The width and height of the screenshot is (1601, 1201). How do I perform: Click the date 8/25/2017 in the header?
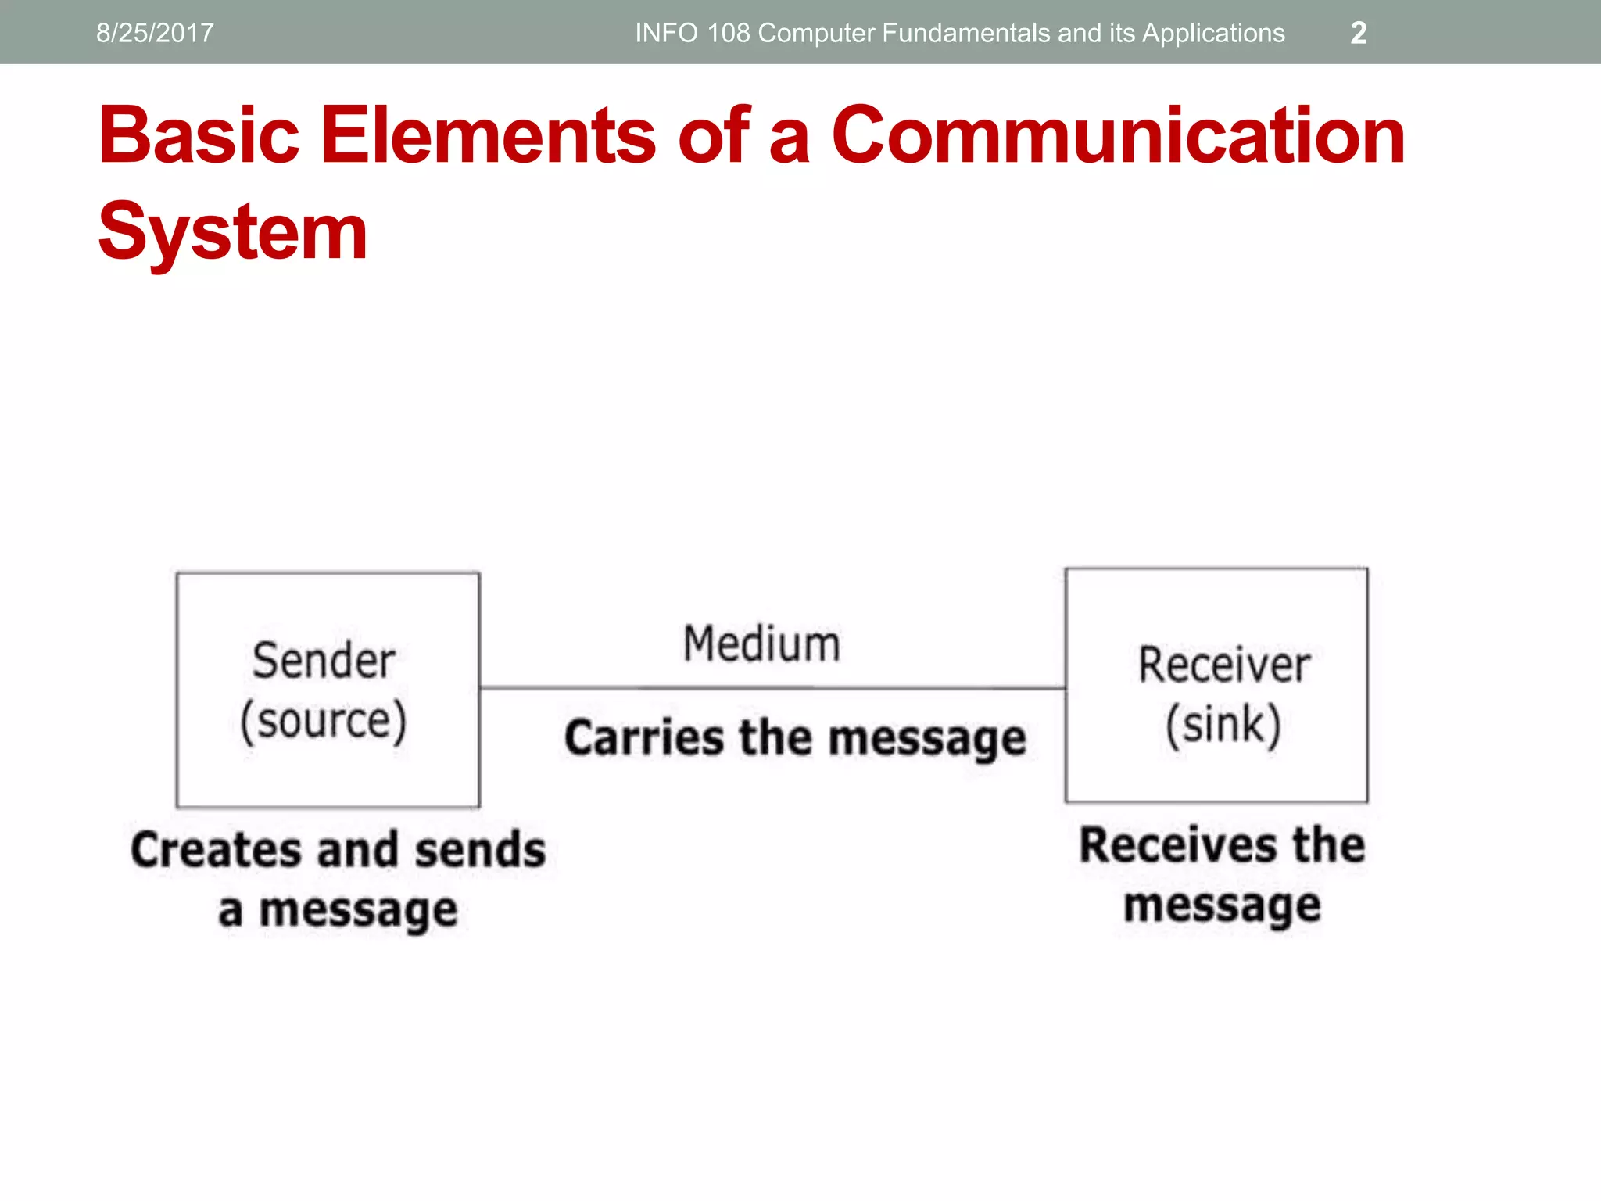tap(155, 33)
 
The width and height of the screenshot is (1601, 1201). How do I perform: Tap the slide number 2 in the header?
tap(1358, 33)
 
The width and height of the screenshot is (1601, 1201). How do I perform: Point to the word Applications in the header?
tap(1213, 33)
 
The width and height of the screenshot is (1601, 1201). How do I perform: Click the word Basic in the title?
tap(199, 136)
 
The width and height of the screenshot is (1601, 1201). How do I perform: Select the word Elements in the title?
tap(489, 136)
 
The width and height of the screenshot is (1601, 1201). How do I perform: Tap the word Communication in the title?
tap(1118, 136)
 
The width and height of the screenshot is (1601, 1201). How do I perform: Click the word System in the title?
tap(232, 232)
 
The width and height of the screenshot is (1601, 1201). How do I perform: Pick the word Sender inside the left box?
tap(324, 661)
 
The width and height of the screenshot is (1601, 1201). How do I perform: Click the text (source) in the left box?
tap(324, 721)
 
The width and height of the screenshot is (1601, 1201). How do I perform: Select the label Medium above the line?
tap(761, 644)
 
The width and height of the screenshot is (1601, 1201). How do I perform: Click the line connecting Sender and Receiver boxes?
tap(772, 688)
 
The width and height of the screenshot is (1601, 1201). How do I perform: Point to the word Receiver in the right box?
tap(1223, 665)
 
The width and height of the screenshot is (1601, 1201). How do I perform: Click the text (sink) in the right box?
tap(1223, 725)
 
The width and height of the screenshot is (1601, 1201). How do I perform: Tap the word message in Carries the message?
tap(927, 739)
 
